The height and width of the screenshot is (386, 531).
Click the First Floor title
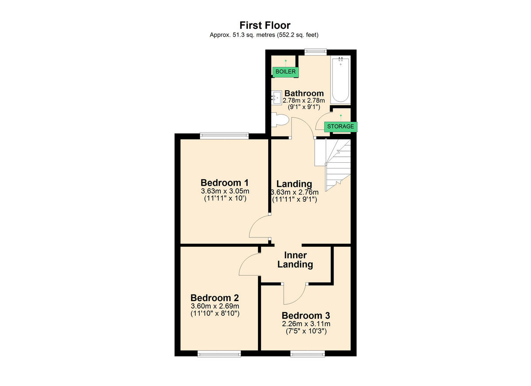pyautogui.click(x=265, y=25)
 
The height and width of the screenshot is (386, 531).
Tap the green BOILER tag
pyautogui.click(x=285, y=71)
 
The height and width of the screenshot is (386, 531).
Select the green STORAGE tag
pyautogui.click(x=340, y=126)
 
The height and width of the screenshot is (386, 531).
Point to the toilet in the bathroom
pyautogui.click(x=280, y=120)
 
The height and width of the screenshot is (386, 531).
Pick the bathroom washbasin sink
pyautogui.click(x=277, y=97)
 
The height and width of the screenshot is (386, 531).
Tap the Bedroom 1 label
pyautogui.click(x=224, y=183)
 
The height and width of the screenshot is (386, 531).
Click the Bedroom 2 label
pyautogui.click(x=214, y=298)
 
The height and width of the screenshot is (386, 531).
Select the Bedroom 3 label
pyautogui.click(x=306, y=316)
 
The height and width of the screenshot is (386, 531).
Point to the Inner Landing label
pyautogui.click(x=295, y=260)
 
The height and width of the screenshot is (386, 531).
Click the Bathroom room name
pyautogui.click(x=304, y=93)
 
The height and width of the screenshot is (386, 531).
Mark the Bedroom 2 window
pyautogui.click(x=219, y=353)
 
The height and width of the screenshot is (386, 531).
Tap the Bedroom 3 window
pyautogui.click(x=307, y=353)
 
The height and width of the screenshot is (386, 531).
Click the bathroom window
pyautogui.click(x=315, y=52)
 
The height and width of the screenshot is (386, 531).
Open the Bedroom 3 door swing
pyautogui.click(x=294, y=294)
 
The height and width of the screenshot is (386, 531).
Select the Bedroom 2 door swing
pyautogui.click(x=249, y=266)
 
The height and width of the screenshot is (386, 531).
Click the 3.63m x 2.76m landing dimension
pyautogui.click(x=294, y=192)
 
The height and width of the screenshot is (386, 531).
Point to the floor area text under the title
pyautogui.click(x=265, y=35)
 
